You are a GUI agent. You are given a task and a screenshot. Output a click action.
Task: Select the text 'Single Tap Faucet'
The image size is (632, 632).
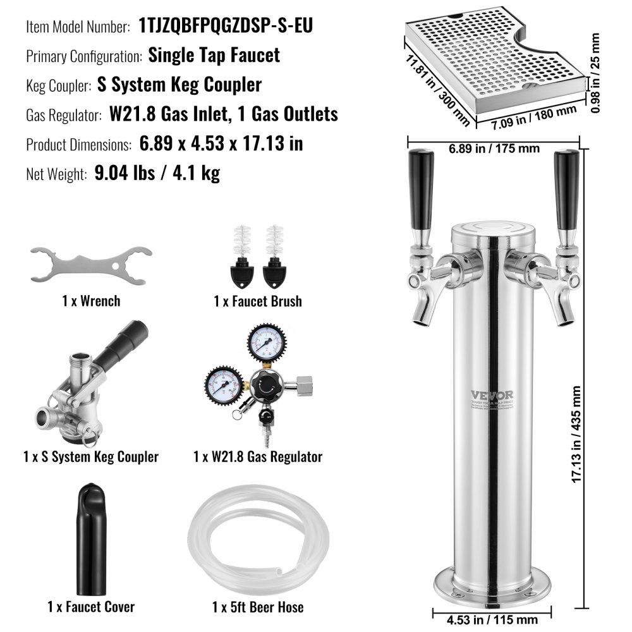(214, 54)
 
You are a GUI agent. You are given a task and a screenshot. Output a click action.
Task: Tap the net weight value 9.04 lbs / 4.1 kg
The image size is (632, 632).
(157, 173)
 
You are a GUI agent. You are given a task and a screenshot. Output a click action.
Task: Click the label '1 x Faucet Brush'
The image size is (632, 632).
(257, 301)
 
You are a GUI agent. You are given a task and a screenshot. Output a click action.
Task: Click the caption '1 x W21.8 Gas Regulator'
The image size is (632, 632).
(258, 456)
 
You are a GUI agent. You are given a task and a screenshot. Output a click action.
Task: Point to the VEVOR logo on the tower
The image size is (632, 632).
(492, 395)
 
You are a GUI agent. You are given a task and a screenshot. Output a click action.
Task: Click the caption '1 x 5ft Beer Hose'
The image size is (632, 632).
(257, 607)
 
